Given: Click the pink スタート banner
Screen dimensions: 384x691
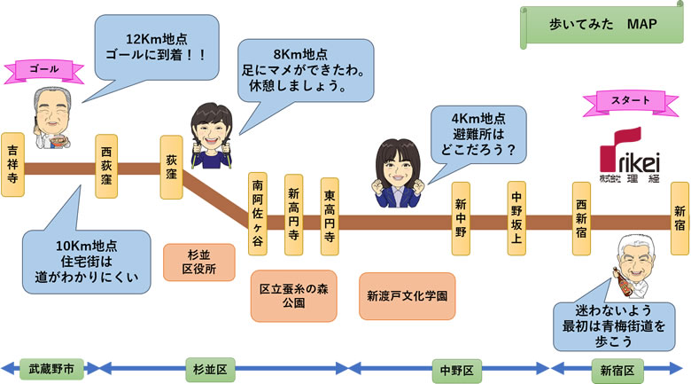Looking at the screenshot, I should click(630, 101).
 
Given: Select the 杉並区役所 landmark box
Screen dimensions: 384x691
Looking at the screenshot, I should click(198, 263).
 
